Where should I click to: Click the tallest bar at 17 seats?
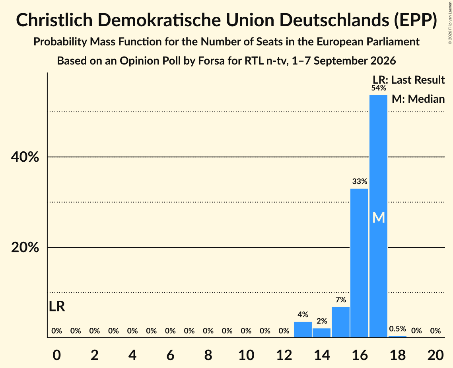379,216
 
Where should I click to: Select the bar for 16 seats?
360,263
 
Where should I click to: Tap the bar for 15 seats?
340,322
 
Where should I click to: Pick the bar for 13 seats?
303,329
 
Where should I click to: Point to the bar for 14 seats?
321,333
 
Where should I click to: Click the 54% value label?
379,88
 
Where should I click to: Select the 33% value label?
360,181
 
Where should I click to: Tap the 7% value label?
341,300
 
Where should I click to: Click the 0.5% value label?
398,329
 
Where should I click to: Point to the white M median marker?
379,218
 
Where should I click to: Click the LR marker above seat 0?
57,306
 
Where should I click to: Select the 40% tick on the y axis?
25,157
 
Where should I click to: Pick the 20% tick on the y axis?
25,247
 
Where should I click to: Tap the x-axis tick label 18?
398,355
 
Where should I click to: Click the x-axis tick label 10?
246,355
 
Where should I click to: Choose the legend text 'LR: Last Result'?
409,80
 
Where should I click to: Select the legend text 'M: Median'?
418,99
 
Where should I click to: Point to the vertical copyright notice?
450,23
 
